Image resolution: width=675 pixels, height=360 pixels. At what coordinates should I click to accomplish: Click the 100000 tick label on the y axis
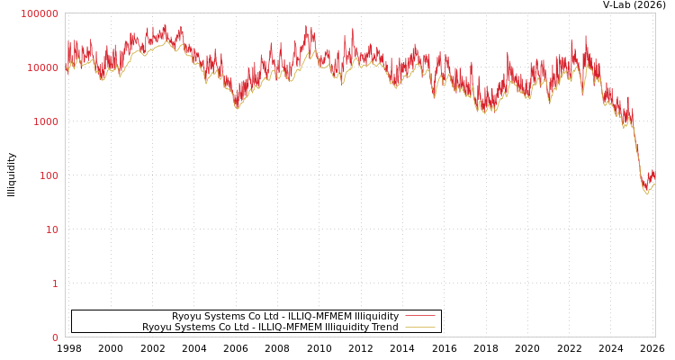point(40,13)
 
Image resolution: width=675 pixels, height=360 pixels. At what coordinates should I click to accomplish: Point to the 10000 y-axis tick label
point(42,67)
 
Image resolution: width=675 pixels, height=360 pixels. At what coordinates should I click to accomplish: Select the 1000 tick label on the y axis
point(45,121)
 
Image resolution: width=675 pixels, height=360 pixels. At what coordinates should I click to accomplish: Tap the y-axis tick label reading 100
point(48,175)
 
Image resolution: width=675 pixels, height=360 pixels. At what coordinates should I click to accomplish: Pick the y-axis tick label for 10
point(51,229)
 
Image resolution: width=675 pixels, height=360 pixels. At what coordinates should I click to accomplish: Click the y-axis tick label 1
point(54,283)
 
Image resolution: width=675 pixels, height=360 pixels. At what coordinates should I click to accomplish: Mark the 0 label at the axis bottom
point(54,337)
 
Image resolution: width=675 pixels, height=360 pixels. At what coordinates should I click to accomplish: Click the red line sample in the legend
point(419,316)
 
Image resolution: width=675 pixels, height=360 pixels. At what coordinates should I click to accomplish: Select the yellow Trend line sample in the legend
point(419,327)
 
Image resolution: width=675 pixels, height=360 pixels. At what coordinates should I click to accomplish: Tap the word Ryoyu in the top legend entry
point(187,316)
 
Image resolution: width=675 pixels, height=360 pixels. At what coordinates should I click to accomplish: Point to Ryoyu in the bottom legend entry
point(157,327)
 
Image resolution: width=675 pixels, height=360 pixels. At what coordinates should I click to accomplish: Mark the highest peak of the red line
point(165,24)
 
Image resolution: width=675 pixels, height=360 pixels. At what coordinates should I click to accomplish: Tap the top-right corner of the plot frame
point(655,13)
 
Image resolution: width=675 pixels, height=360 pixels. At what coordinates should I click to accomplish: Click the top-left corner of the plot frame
point(65,13)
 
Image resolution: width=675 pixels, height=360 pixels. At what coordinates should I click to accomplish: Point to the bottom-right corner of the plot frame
point(655,337)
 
